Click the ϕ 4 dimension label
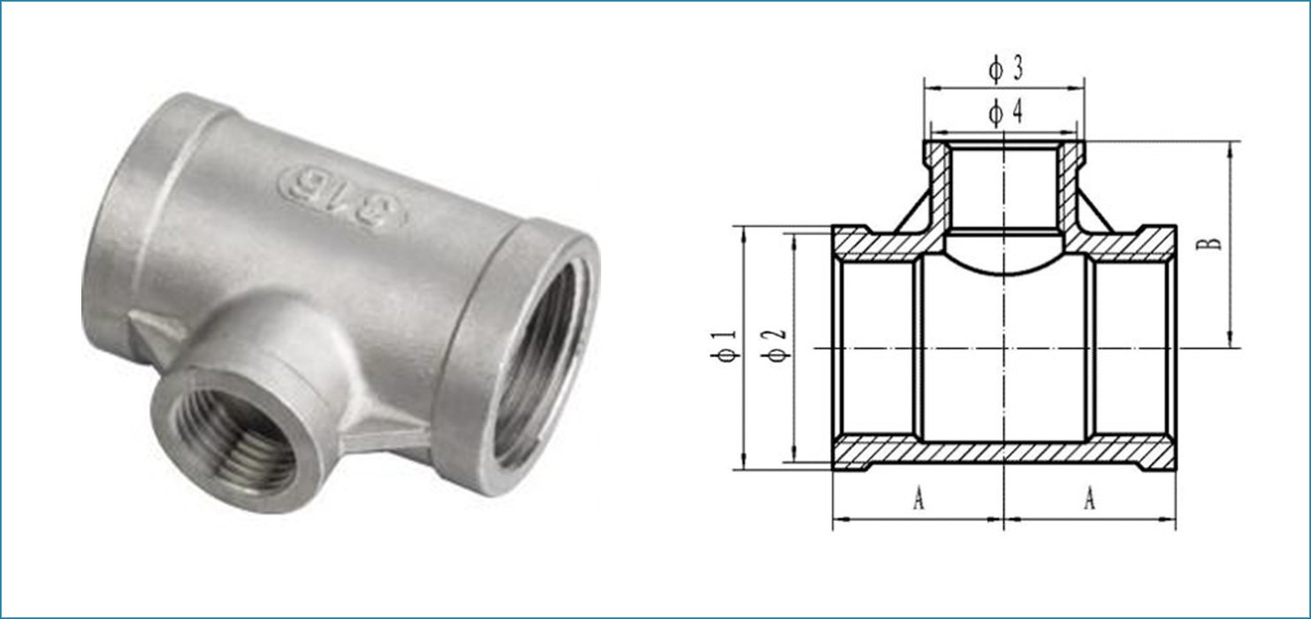point(1005,112)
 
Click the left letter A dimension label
point(918,501)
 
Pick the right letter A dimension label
point(1090,501)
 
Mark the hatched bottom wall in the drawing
point(1003,453)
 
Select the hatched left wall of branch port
point(938,186)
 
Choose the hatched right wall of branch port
point(1071,186)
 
